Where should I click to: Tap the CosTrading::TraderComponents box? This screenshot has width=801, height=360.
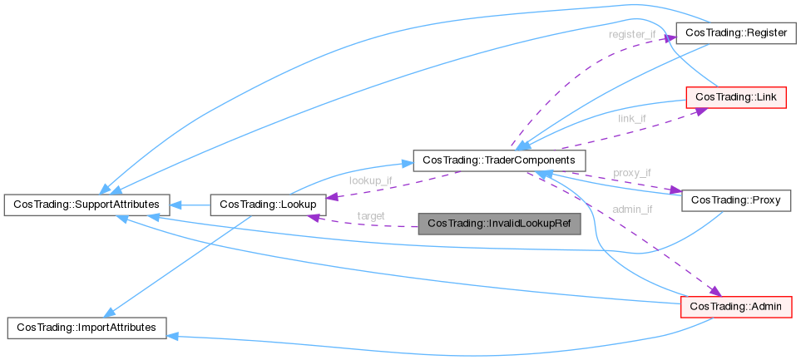500,159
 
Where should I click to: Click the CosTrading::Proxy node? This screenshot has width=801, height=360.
735,200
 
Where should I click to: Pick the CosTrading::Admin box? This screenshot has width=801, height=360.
736,307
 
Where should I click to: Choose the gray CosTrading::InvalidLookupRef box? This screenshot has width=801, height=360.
498,224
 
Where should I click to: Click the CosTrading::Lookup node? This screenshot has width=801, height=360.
263,203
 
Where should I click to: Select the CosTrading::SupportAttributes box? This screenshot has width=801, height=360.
87,203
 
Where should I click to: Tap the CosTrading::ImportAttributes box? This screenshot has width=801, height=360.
87,328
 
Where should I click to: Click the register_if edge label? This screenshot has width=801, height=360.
631,35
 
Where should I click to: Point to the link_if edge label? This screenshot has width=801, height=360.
632,119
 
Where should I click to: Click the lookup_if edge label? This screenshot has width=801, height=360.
370,180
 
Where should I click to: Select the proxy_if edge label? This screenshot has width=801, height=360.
632,173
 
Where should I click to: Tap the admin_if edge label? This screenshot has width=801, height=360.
632,210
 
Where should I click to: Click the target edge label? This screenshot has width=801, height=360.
370,215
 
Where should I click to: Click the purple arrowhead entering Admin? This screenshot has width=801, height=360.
714,290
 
